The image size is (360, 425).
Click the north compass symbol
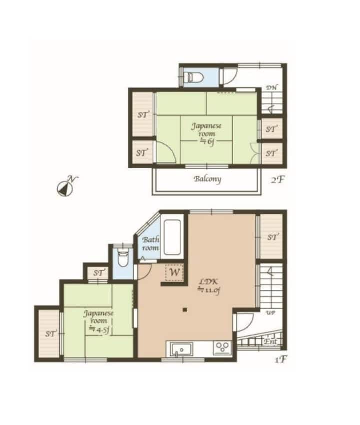65,187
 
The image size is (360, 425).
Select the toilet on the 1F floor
123,258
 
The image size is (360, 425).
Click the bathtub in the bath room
172,237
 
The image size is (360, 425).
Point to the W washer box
174,272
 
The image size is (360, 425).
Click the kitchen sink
181,349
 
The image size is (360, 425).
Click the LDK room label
209,285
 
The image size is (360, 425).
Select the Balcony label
207,179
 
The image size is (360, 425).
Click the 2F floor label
278,179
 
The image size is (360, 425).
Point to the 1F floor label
281,359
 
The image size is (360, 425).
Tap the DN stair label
271,88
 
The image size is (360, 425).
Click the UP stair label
270,313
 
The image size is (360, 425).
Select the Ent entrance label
270,342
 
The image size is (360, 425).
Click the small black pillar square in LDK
185,310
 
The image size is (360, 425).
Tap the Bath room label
150,244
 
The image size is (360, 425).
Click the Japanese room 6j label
206,134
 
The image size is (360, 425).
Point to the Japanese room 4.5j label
98,321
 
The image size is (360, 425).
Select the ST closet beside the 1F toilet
99,273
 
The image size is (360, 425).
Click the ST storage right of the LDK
272,236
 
